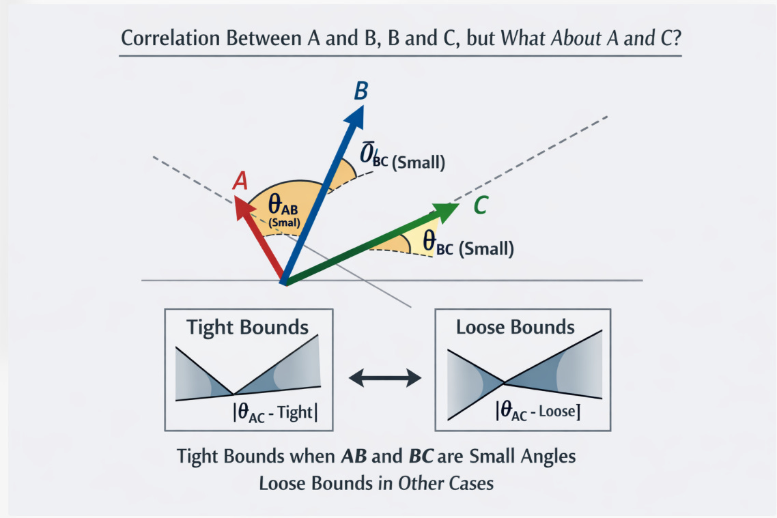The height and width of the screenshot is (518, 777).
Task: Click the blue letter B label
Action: [361, 91]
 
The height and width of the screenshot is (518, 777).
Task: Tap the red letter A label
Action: [240, 181]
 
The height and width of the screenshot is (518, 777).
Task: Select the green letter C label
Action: [480, 205]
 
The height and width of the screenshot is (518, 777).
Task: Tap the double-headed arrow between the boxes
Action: [384, 377]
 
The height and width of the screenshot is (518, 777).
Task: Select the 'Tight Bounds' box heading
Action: [248, 327]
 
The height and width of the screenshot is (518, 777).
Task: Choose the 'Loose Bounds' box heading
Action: [515, 327]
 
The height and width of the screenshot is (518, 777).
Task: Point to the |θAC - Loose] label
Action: [537, 411]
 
